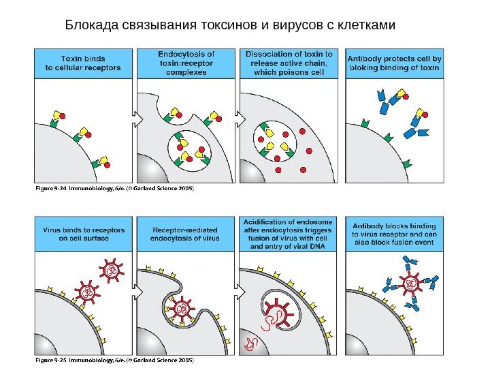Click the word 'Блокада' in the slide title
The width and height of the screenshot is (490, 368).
click(91, 26)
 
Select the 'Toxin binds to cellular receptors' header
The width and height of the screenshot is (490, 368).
click(83, 63)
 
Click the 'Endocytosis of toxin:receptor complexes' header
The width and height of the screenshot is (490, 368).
click(186, 63)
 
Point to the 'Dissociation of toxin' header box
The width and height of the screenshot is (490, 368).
click(289, 63)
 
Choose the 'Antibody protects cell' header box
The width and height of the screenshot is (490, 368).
click(394, 63)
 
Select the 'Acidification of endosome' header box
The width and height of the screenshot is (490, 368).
click(289, 234)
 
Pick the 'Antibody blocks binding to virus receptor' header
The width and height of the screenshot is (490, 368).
click(394, 234)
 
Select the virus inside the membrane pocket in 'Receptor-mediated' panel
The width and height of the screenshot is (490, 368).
click(182, 309)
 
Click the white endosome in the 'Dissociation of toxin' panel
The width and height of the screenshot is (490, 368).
click(276, 143)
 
